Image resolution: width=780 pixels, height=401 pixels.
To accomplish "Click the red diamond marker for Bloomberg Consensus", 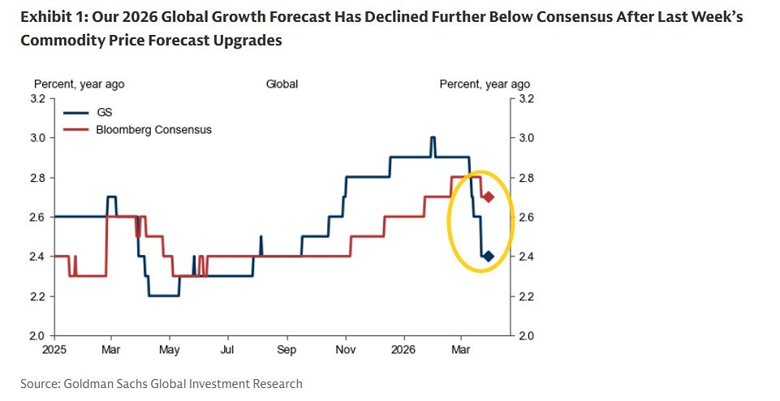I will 489,197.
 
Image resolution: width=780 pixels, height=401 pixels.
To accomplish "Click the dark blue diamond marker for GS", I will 489,257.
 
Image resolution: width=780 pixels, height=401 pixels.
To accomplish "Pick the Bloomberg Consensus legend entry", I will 153,129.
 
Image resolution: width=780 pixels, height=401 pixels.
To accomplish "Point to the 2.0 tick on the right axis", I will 526,335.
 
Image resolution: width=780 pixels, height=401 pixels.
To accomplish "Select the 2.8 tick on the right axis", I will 526,178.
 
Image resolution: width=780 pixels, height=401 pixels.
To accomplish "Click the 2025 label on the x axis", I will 54,350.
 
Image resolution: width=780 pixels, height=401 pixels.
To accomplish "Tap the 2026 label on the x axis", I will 403,350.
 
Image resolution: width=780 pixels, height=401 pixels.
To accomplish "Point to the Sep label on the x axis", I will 287,350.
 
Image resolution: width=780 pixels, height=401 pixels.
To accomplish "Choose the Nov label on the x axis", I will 346,350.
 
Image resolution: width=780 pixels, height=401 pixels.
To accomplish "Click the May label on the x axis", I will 170,350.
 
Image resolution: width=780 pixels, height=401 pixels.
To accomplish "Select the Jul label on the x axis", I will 228,350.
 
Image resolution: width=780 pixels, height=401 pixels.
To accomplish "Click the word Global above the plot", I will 282,84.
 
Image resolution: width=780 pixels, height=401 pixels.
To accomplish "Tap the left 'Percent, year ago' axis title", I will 79,84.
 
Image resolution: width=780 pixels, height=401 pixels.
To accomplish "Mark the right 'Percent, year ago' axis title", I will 485,84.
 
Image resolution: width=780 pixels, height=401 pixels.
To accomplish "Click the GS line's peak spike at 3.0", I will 433,137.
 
